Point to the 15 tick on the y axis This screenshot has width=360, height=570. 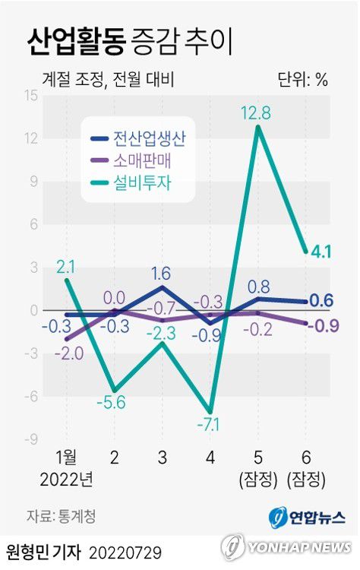click(x=32, y=96)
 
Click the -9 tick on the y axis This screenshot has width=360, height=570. click(x=32, y=439)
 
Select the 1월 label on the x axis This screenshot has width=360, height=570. click(x=67, y=458)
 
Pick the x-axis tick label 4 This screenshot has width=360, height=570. click(x=210, y=458)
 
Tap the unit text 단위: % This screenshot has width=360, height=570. click(x=303, y=79)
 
